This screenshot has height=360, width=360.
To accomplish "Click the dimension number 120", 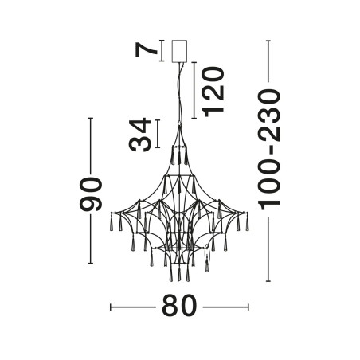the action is tap(213, 92).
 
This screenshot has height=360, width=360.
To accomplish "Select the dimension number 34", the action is tap(139, 135).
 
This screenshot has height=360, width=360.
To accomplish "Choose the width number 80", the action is tap(179, 306).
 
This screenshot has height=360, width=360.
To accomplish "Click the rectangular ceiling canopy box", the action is tap(179, 51).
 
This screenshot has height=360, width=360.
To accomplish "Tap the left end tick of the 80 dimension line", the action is tap(111, 307).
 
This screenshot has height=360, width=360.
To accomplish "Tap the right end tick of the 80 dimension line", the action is tap(248, 307).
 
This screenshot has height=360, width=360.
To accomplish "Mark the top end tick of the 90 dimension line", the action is tap(91, 118).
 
